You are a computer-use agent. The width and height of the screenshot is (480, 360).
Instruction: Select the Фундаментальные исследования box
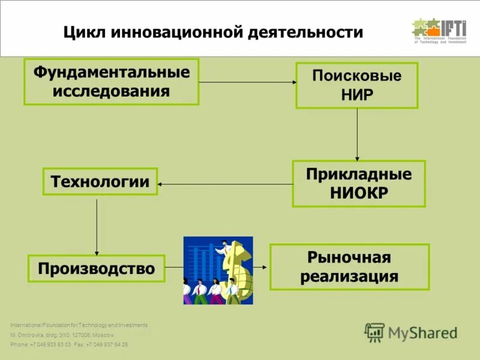111,82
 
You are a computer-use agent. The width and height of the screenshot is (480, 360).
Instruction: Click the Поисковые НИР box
356,85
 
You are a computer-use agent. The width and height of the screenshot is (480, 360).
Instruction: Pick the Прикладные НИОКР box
358,184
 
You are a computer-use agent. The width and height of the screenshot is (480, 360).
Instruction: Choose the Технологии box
100,181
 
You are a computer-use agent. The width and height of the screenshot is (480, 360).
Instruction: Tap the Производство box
96,268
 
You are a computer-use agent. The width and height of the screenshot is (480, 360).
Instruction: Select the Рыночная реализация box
349,266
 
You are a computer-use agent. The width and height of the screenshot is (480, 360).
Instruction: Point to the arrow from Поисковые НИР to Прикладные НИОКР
357,134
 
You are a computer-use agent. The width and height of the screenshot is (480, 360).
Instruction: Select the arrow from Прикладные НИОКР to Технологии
225,184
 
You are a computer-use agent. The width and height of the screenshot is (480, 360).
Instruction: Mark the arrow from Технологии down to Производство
97,224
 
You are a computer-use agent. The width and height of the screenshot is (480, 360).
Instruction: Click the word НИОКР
359,193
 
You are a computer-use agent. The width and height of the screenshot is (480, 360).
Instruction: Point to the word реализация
349,276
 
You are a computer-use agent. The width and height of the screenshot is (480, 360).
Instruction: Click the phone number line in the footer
69,345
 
